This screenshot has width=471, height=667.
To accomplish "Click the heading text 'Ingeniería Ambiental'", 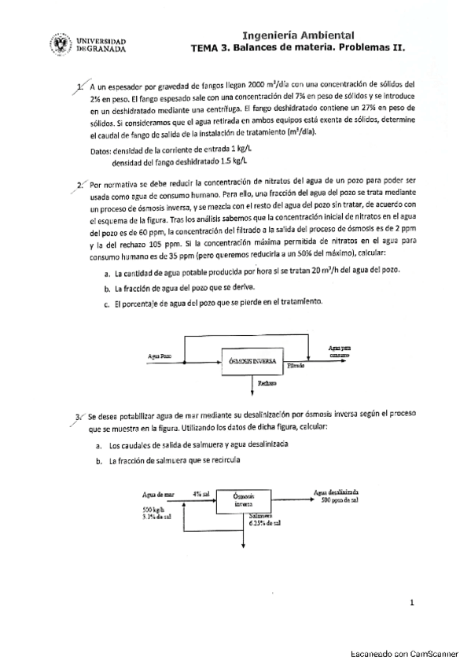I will pyautogui.click(x=298, y=35).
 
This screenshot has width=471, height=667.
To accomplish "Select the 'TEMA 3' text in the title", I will pyautogui.click(x=213, y=47).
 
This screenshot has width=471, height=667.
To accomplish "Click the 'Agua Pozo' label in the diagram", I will pyautogui.click(x=160, y=356).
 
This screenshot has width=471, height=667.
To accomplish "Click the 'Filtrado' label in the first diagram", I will pyautogui.click(x=296, y=367).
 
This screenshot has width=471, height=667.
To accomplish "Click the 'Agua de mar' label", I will pyautogui.click(x=157, y=493).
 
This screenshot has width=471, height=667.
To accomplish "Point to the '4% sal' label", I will pyautogui.click(x=201, y=493).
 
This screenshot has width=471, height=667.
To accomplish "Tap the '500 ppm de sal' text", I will pyautogui.click(x=340, y=500).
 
